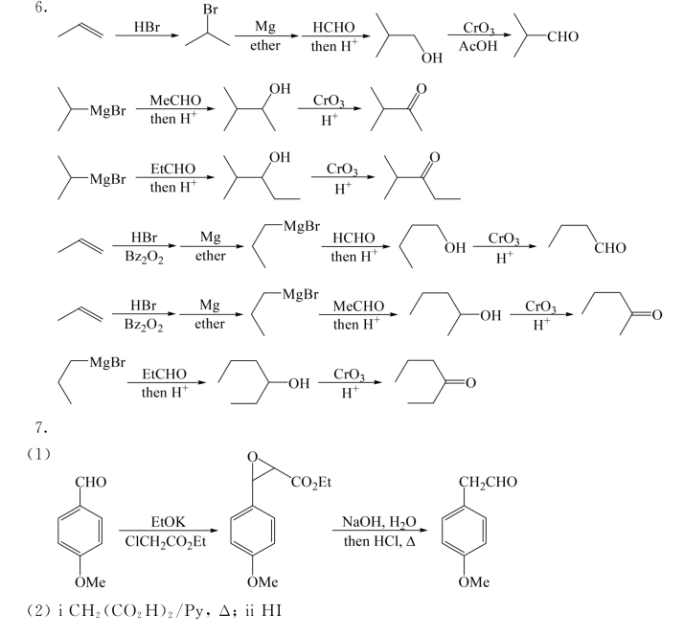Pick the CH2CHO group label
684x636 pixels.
(x=486, y=482)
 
